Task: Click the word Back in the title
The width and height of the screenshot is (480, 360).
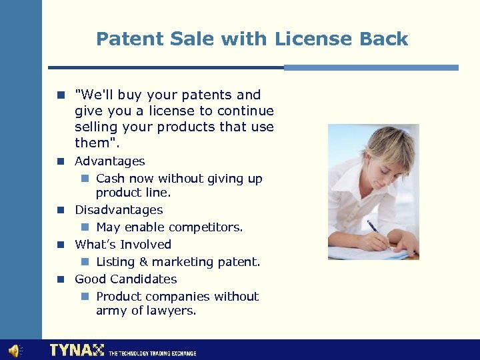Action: (383, 39)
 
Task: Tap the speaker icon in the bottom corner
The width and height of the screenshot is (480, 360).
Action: (14, 350)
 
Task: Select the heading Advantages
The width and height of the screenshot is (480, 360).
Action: (109, 161)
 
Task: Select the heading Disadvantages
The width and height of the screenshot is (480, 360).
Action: (118, 210)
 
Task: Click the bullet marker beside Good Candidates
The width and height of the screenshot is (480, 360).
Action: (60, 279)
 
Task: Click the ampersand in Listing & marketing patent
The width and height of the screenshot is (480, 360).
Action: (142, 262)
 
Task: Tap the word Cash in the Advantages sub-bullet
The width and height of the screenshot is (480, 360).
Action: (111, 179)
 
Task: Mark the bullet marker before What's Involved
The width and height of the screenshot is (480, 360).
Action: (60, 245)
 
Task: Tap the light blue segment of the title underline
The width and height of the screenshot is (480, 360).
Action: (371, 67)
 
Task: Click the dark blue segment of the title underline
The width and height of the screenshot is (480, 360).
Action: (166, 67)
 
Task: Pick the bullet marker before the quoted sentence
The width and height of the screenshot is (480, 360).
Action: (60, 95)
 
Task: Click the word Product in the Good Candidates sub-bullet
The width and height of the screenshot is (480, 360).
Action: (119, 297)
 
